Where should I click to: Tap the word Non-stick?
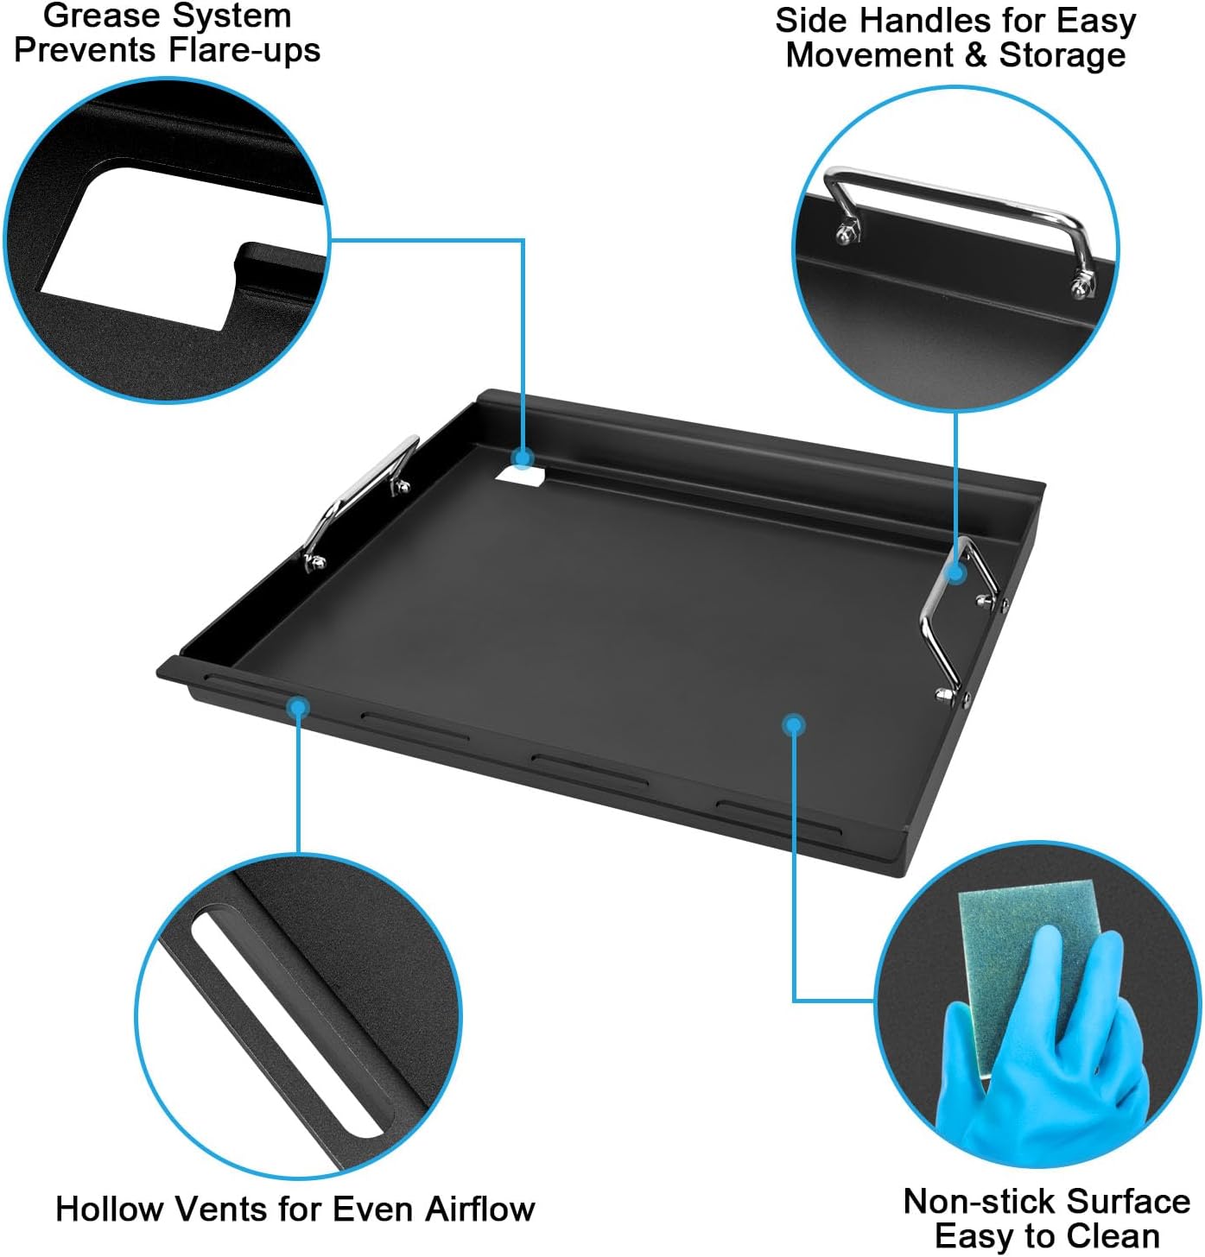[x=970, y=1201]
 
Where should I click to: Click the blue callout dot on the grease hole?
[x=522, y=458]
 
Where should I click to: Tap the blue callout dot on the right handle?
[x=956, y=573]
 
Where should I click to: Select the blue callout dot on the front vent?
[x=299, y=708]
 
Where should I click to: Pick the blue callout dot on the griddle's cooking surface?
[x=794, y=725]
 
